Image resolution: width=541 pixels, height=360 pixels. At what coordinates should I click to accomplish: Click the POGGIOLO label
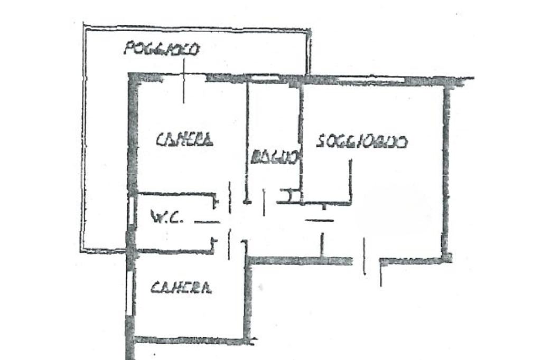pos(161,50)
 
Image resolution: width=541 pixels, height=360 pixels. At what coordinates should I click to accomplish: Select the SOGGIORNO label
pos(362,142)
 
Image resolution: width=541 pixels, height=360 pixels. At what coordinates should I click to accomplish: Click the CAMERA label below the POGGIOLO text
pos(185,140)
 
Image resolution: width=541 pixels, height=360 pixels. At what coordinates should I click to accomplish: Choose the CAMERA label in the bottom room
pos(181,288)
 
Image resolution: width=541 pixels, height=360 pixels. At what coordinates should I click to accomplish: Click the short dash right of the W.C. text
pos(207,222)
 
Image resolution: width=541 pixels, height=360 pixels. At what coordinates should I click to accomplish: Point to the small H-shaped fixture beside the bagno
pos(290,196)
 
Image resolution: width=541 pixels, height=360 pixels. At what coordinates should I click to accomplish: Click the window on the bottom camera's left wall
pos(129,293)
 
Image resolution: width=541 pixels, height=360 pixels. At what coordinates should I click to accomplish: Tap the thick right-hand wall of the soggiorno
pos(447,169)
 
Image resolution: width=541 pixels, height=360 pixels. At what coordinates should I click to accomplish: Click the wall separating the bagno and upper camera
pos(247,137)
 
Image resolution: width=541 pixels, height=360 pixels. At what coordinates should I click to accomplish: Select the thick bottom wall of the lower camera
pos(190,340)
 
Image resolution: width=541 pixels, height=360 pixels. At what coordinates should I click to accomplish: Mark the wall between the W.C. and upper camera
pos(174,194)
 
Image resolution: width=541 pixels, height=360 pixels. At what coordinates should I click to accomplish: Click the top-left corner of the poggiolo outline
pos(85,26)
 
